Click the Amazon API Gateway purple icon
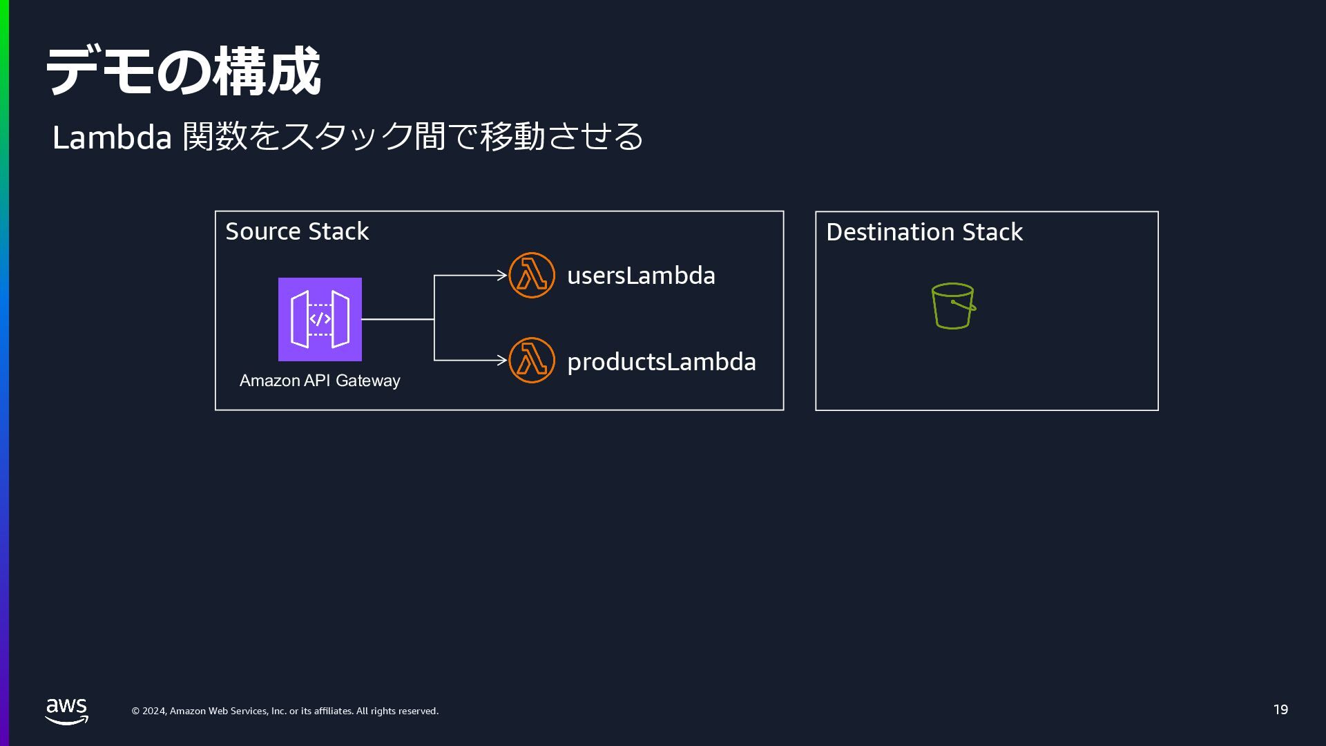[320, 319]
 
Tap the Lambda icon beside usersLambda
[532, 276]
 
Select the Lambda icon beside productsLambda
[532, 361]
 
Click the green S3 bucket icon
[953, 306]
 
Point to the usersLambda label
[641, 276]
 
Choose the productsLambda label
[661, 362]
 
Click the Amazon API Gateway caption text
[320, 381]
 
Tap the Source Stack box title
[297, 231]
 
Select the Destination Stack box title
[924, 232]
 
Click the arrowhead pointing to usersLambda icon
[502, 276]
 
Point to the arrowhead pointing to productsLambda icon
[502, 360]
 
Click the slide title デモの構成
[183, 71]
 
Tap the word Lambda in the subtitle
[112, 137]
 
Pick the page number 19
[1280, 709]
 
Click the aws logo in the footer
[67, 711]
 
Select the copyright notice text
[285, 711]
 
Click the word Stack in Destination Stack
[992, 232]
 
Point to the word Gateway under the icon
[367, 381]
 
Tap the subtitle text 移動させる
[561, 136]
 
